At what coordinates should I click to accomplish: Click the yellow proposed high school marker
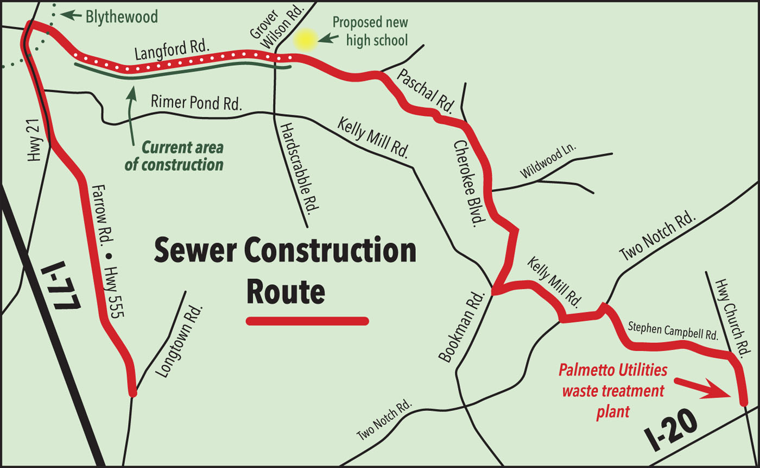pyautogui.click(x=305, y=40)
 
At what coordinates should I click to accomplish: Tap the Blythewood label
pyautogui.click(x=122, y=17)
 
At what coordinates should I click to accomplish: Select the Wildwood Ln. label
pyautogui.click(x=549, y=161)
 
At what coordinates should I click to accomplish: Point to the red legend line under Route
pyautogui.click(x=307, y=321)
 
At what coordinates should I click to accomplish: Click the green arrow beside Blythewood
pyautogui.click(x=68, y=15)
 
